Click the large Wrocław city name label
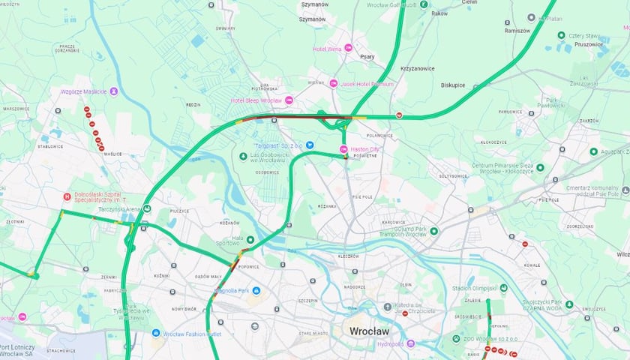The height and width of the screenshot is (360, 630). (x=370, y=331)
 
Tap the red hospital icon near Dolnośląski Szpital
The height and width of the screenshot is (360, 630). (x=67, y=196)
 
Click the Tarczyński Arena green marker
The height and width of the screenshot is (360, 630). (x=147, y=209)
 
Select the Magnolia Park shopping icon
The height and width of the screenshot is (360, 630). (x=256, y=290)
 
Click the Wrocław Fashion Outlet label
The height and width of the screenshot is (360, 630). (x=193, y=333)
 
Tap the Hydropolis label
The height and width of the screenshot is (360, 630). (x=390, y=344)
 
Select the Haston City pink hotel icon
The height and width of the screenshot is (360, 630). (x=344, y=150)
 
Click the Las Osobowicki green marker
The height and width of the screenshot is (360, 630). (x=243, y=156)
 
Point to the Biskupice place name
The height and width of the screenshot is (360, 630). (x=453, y=85)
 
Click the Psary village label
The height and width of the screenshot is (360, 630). (x=367, y=56)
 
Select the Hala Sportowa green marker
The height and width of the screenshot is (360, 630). (x=250, y=240)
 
